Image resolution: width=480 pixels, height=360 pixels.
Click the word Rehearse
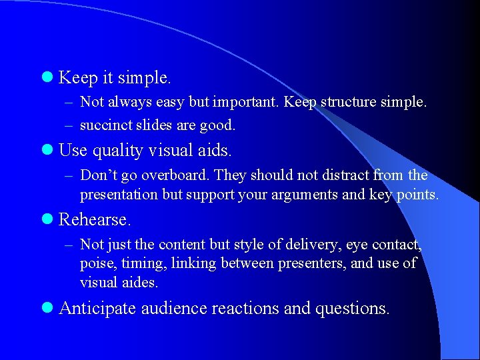93,219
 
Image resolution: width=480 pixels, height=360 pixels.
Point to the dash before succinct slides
69,125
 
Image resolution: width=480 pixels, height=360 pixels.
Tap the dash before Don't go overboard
69,176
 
